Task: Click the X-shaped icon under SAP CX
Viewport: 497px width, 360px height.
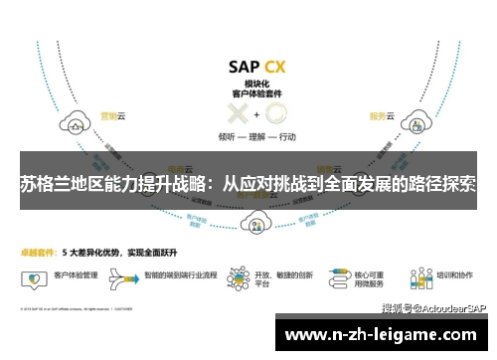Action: point(239,113)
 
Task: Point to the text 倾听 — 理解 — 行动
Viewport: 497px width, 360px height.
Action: point(256,136)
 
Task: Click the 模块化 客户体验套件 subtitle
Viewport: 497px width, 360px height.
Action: point(256,90)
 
